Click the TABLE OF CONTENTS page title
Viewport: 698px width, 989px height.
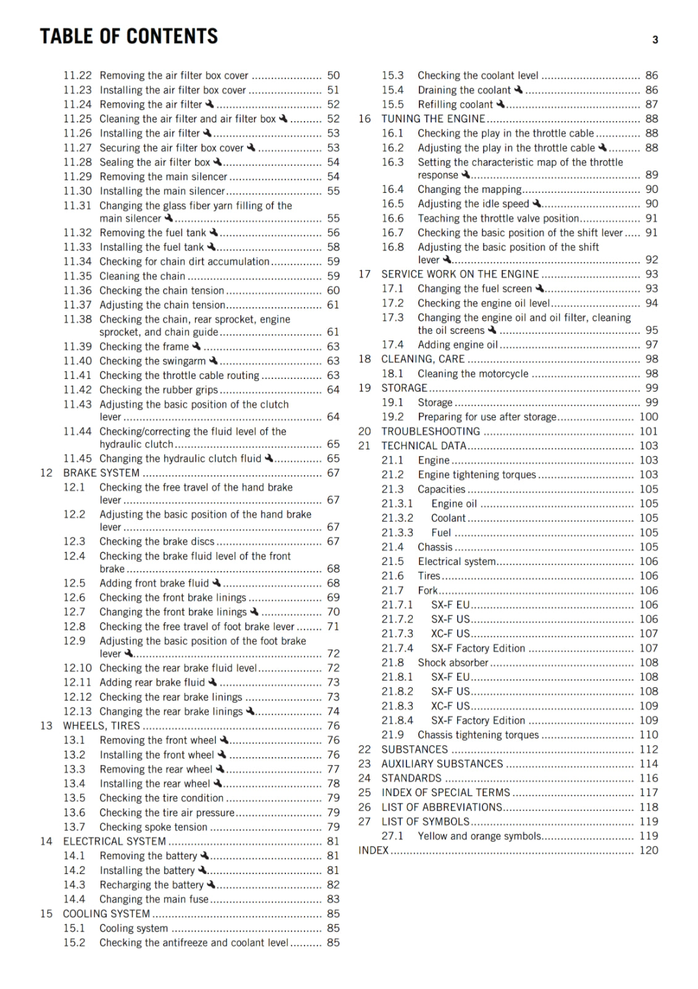128,36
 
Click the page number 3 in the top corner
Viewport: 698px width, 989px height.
655,40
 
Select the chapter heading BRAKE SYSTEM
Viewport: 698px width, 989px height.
101,473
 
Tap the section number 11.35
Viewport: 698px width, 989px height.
77,276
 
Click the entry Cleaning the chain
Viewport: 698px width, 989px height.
142,276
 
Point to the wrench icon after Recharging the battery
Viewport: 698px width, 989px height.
211,885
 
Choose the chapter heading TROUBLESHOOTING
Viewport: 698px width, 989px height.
431,431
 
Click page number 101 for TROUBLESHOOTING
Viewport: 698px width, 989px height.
648,431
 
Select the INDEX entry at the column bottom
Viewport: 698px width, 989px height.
373,851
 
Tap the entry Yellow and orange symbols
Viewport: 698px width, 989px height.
479,836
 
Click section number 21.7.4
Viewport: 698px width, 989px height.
397,648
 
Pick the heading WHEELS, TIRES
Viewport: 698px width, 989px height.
101,726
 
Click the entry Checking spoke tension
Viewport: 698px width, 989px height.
153,827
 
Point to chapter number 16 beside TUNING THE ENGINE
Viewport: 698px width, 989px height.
364,119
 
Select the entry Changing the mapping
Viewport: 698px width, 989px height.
469,190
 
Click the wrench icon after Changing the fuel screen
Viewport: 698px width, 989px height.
539,289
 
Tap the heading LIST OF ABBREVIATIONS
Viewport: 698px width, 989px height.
442,807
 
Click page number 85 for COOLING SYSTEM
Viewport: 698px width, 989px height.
333,914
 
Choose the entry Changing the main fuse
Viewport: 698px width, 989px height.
154,899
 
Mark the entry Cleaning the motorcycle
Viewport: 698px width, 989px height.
473,374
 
